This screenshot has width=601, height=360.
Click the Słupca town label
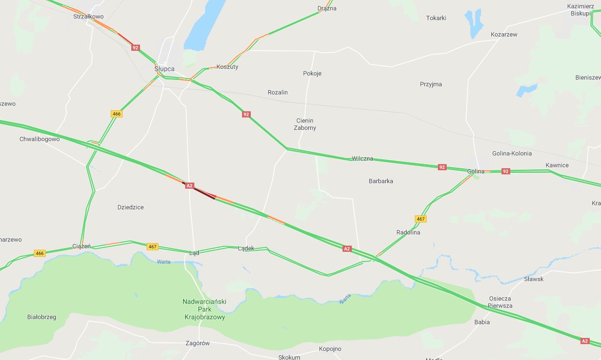pyautogui.click(x=165, y=69)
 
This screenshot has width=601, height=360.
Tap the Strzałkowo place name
pyautogui.click(x=89, y=16)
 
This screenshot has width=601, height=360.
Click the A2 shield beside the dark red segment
pyautogui.click(x=189, y=186)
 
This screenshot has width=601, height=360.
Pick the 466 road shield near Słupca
pyautogui.click(x=116, y=114)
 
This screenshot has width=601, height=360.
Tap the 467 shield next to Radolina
pyautogui.click(x=420, y=219)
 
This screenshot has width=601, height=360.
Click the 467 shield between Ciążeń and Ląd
pyautogui.click(x=152, y=247)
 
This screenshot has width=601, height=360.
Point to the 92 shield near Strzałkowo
pyautogui.click(x=135, y=47)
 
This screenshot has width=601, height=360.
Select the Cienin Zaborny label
pyautogui.click(x=305, y=124)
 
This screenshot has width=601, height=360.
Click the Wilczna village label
pyautogui.click(x=363, y=159)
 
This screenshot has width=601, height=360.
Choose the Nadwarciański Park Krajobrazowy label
pyautogui.click(x=205, y=309)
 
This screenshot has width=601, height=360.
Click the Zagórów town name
pyautogui.click(x=197, y=344)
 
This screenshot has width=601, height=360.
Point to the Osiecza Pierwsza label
pyautogui.click(x=499, y=302)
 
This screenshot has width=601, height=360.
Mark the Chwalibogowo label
pyautogui.click(x=39, y=139)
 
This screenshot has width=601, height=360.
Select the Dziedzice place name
pyautogui.click(x=130, y=207)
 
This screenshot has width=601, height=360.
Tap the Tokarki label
pyautogui.click(x=436, y=18)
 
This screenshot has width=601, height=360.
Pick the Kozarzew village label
pyautogui.click(x=504, y=34)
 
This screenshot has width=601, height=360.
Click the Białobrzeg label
pyautogui.click(x=42, y=317)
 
